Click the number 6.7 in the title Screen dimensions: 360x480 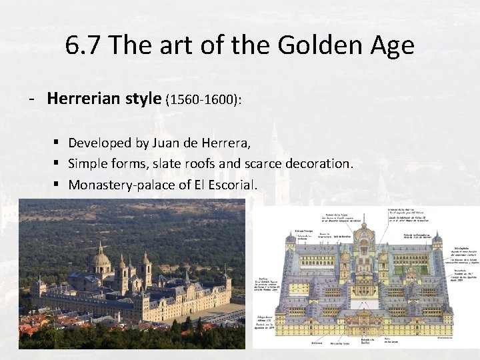point(85,45)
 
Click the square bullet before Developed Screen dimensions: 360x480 point(58,143)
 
